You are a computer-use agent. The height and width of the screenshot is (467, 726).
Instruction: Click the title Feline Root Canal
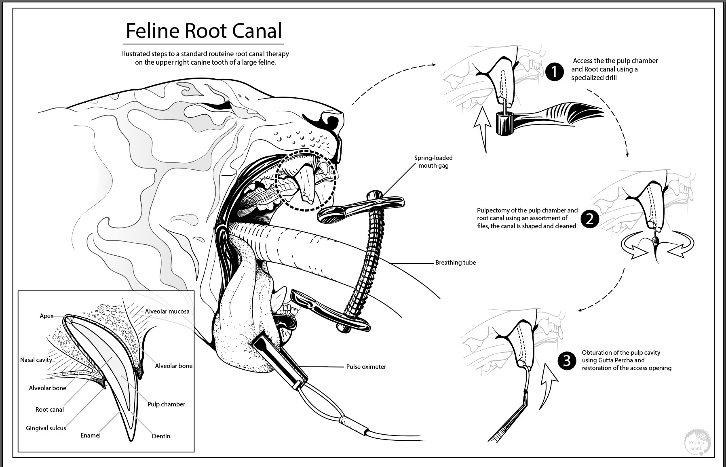pos(204,31)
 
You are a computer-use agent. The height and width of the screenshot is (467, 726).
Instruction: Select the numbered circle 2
pos(589,219)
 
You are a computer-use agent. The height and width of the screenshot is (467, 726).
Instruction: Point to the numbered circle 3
pos(566,360)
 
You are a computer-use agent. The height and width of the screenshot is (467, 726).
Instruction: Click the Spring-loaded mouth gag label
pos(433,162)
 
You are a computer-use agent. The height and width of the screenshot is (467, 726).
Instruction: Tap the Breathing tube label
pos(455,263)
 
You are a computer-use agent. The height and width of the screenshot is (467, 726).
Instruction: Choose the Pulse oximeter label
pos(366,367)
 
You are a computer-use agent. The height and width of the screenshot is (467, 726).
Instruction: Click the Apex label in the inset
pos(46,316)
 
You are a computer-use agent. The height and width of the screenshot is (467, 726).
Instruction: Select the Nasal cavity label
pos(36,360)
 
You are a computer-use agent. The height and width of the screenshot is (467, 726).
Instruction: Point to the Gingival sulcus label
pos(46,428)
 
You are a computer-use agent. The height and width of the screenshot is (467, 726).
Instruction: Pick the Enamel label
pos(91,435)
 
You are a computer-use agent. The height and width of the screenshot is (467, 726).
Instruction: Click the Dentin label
pos(161,436)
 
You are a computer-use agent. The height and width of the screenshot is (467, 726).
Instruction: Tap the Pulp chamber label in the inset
pos(166,404)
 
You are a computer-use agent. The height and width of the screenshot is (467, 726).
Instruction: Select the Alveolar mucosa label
pos(167,311)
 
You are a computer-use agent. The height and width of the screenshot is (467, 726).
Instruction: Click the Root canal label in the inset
pos(50,409)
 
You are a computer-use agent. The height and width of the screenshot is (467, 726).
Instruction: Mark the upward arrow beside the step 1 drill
pos(481,129)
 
